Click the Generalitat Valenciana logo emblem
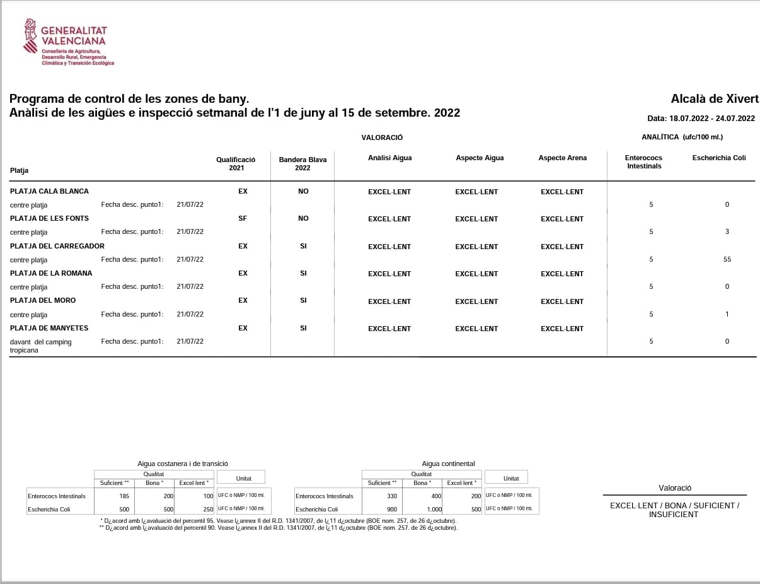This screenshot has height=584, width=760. [31, 36]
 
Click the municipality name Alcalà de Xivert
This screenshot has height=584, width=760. [715, 99]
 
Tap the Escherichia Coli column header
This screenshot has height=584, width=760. [718, 158]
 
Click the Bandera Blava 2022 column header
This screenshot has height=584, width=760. [302, 164]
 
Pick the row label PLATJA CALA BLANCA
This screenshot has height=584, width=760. [49, 191]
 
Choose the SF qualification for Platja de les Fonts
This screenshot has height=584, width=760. [243, 218]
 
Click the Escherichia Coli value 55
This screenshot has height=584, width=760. [727, 259]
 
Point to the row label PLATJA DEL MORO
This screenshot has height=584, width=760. [43, 300]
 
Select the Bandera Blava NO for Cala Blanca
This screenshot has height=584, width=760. [303, 191]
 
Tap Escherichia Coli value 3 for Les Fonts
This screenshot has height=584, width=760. [727, 232]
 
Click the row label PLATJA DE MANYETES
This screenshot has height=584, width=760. [49, 328]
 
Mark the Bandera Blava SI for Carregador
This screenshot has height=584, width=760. [303, 246]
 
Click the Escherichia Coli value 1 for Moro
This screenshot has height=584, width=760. [727, 314]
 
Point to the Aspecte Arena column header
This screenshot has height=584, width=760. [562, 158]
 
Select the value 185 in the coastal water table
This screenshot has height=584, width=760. [124, 496]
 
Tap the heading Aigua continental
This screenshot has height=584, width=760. [448, 464]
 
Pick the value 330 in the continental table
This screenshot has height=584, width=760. [392, 496]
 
